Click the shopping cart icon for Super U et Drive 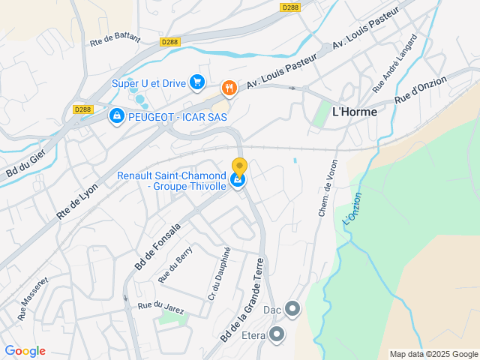coord(197,82)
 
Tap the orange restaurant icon coord(229,89)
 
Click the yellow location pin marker coord(239,168)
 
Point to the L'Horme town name coord(354,111)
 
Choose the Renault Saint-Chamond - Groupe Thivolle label coord(172,181)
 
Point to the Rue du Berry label coord(175,265)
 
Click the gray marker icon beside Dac coord(292,309)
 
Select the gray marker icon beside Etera coord(277,334)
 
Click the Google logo coord(25,351)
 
